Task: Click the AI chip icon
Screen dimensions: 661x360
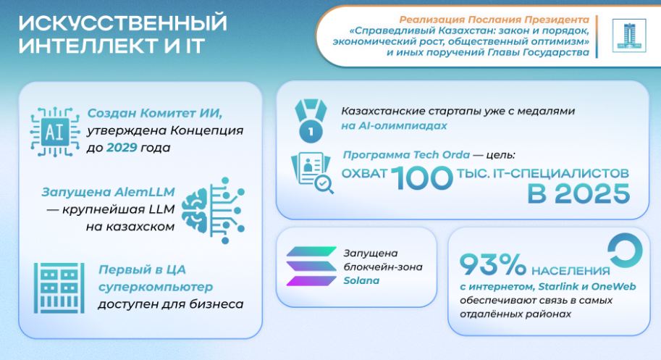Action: [55, 132]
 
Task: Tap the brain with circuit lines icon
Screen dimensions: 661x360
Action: [213, 210]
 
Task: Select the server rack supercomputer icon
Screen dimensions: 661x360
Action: [59, 288]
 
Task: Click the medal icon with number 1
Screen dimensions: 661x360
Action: [311, 121]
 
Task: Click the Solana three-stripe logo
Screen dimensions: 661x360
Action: [311, 267]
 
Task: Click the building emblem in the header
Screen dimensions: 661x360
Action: [629, 35]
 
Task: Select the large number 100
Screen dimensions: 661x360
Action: [422, 178]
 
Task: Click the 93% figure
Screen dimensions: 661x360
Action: [493, 264]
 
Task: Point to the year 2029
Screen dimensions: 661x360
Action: [122, 148]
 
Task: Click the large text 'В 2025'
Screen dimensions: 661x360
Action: [578, 194]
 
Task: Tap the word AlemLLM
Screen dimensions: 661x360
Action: [144, 192]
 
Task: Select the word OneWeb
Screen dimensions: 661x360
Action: [613, 287]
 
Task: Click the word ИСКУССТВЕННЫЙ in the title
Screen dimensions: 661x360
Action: [123, 22]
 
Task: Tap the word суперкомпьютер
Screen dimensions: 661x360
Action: [156, 287]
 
